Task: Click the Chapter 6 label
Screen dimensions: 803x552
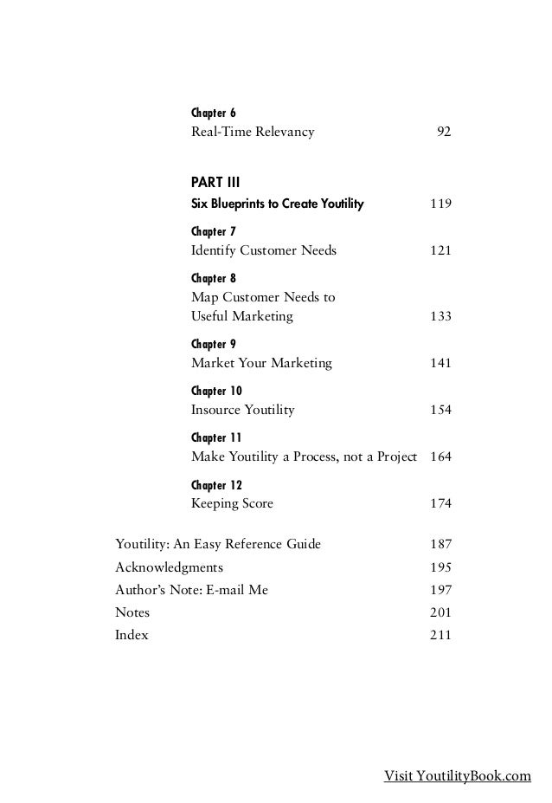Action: tap(213, 113)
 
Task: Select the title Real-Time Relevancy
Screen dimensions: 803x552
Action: tap(252, 133)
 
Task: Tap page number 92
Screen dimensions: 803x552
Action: tap(444, 133)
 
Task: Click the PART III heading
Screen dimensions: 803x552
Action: tap(215, 183)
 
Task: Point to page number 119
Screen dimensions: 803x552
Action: tap(440, 204)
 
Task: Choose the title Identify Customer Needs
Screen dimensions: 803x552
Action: tap(263, 250)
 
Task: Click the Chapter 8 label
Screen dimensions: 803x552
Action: tap(213, 278)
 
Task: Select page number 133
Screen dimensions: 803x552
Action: tap(440, 317)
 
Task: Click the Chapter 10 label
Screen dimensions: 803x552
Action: tap(216, 392)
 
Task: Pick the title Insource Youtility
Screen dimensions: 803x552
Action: tap(242, 410)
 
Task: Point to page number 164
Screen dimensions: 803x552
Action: tap(440, 457)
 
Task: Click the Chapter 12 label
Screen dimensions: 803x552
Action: tap(216, 484)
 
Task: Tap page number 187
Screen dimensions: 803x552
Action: tap(440, 544)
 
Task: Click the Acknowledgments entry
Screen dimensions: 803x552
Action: tap(169, 567)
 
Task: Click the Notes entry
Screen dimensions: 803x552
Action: tap(132, 612)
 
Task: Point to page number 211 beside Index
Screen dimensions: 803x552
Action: tap(440, 635)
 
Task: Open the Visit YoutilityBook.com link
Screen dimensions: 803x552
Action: tap(457, 776)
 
